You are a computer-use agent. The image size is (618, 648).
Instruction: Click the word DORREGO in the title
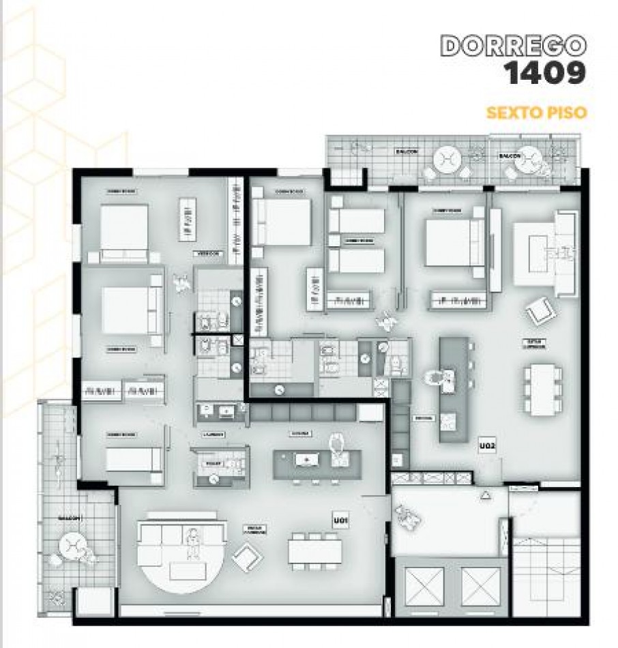[x=514, y=46]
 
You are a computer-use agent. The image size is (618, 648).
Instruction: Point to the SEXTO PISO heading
[x=536, y=112]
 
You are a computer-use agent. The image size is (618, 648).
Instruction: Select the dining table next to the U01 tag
[x=314, y=550]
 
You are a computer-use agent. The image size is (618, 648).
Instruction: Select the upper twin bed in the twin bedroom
[x=357, y=220]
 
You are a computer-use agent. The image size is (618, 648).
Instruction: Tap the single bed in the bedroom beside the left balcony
[x=134, y=459]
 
